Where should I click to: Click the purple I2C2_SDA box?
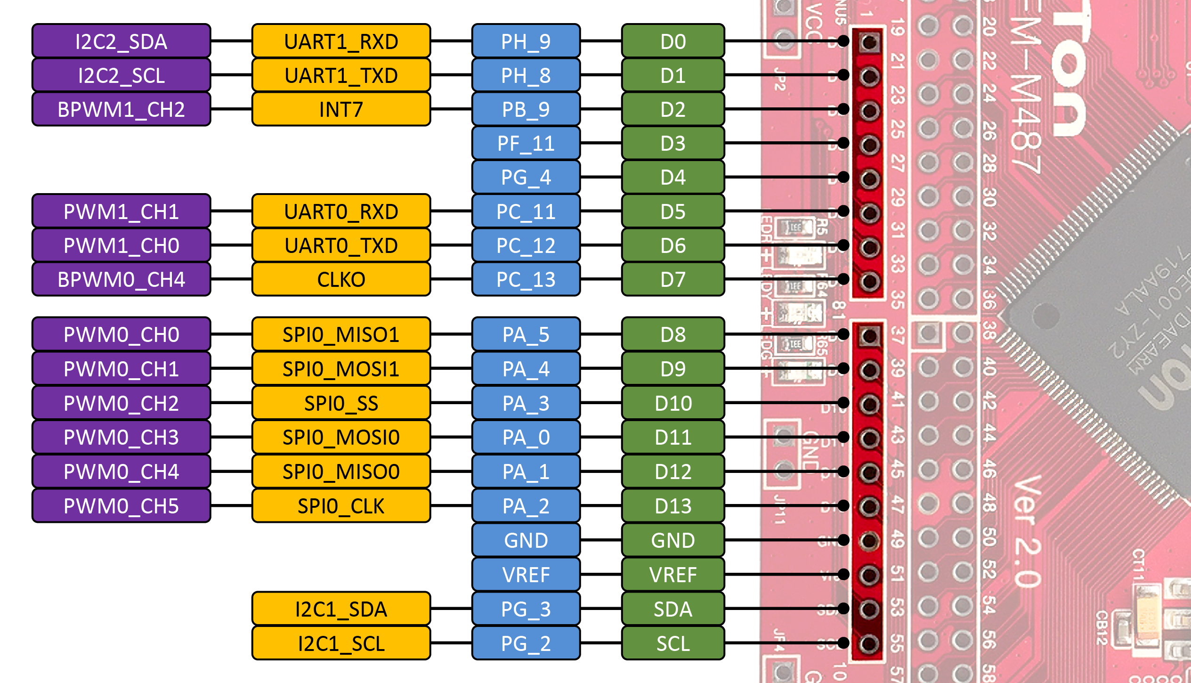click(x=121, y=41)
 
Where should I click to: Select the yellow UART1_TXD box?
click(x=341, y=75)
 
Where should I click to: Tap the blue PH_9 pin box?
click(x=526, y=41)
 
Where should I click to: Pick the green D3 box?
click(x=672, y=143)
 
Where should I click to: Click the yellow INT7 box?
click(x=341, y=109)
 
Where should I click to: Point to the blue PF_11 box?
click(x=526, y=143)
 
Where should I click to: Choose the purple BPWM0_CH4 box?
click(x=121, y=279)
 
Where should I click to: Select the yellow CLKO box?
click(x=341, y=279)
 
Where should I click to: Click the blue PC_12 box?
click(x=526, y=245)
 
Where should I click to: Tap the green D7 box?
click(x=672, y=279)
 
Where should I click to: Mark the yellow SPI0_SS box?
click(x=341, y=403)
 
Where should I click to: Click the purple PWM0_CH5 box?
click(x=121, y=506)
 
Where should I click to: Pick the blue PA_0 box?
click(x=526, y=437)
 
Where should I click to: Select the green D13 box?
click(x=672, y=506)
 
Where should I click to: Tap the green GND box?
click(x=672, y=540)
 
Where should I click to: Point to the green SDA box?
click(x=672, y=609)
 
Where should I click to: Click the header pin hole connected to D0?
click(x=869, y=42)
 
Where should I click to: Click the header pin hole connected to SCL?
click(x=869, y=643)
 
